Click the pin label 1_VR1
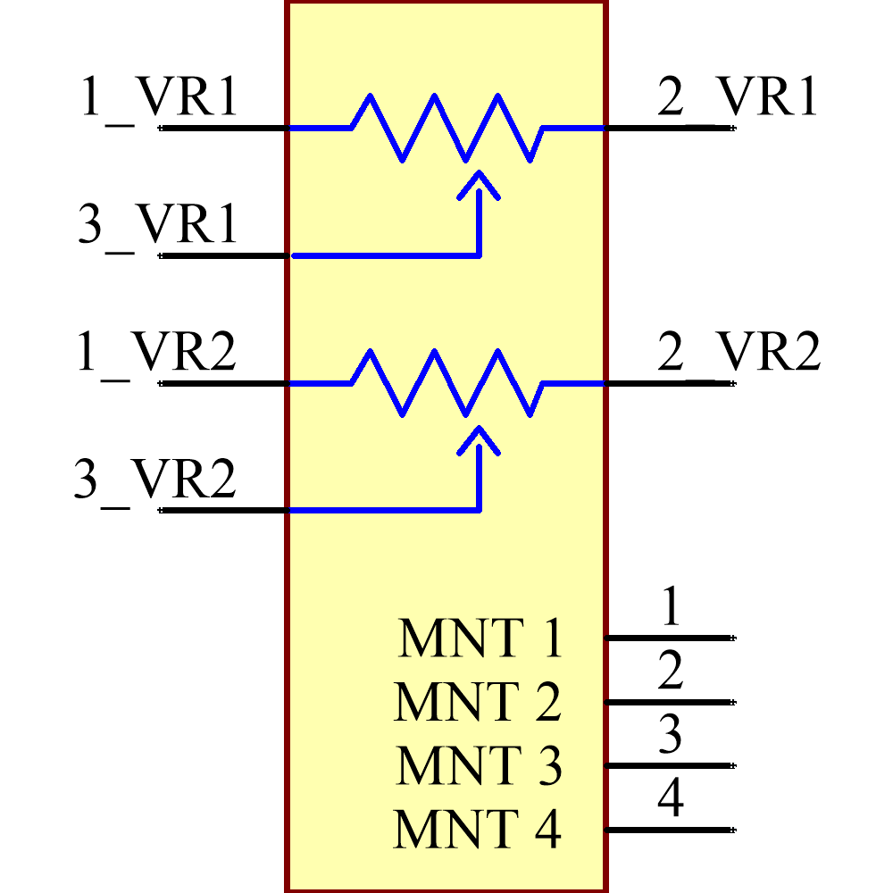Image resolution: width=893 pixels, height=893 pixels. click(159, 98)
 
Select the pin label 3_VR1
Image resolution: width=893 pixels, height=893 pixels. click(158, 226)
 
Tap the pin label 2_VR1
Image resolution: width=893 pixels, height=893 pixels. click(738, 98)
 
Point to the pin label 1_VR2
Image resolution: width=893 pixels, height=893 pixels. click(157, 354)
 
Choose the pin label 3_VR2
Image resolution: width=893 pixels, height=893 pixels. click(155, 481)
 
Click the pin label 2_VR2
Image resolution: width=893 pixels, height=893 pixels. click(738, 354)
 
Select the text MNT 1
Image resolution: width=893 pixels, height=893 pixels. click(480, 638)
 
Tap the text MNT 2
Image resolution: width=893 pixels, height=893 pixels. click(478, 702)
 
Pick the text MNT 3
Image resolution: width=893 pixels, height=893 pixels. click(479, 766)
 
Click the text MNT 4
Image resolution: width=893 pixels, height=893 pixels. click(477, 830)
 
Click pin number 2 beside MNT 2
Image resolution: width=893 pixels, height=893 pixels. click(671, 671)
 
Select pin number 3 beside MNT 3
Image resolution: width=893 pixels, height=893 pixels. click(671, 734)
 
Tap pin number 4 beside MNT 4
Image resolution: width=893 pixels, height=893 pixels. click(671, 798)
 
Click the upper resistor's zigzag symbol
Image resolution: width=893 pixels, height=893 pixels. click(446, 128)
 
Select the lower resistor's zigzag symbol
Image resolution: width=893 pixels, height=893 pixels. click(446, 383)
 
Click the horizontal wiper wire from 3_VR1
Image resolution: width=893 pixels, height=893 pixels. click(384, 255)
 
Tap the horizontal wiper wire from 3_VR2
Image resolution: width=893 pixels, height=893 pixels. click(384, 511)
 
